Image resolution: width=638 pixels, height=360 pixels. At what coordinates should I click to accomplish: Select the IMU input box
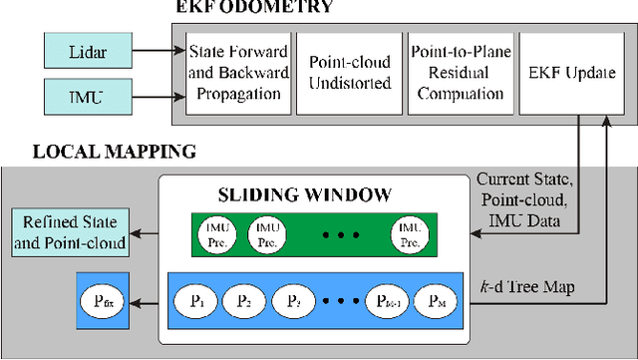pyautogui.click(x=87, y=96)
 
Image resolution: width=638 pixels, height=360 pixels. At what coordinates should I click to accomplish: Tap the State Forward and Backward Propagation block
pyautogui.click(x=236, y=71)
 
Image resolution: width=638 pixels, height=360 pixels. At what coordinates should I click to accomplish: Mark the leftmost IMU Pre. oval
pyautogui.click(x=218, y=232)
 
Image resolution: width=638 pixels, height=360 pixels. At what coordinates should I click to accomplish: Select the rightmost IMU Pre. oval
pyautogui.click(x=410, y=232)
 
